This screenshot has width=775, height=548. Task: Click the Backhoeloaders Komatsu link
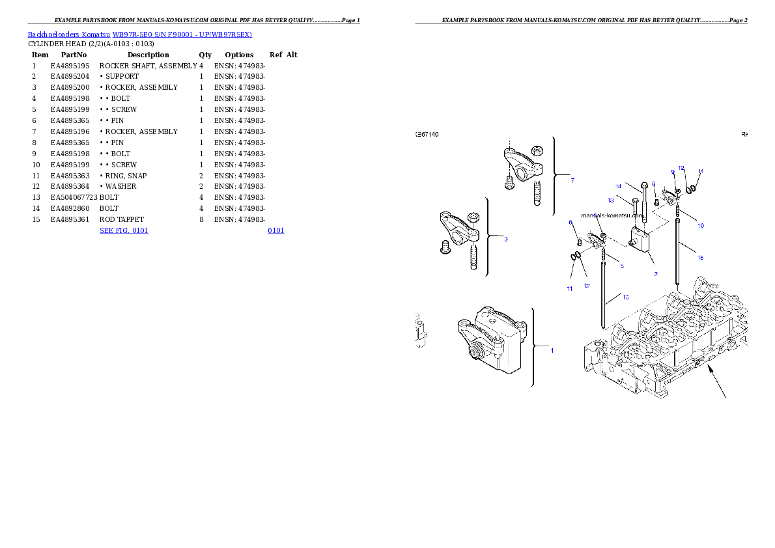68,34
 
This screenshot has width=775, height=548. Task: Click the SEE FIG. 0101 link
124,231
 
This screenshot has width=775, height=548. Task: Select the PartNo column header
74,55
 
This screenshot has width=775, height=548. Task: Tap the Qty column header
205,55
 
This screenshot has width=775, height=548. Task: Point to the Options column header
239,55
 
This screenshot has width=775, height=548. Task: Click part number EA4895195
70,66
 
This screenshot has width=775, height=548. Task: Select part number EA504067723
74,198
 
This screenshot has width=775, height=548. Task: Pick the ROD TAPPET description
122,219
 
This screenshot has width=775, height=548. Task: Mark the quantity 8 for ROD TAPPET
201,219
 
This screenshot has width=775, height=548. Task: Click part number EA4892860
70,208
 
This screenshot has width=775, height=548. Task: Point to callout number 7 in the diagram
572,180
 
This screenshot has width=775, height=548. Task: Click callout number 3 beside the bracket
505,239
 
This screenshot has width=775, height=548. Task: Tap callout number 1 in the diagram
552,350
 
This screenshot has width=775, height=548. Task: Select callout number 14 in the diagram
618,186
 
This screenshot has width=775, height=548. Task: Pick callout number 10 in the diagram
700,225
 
